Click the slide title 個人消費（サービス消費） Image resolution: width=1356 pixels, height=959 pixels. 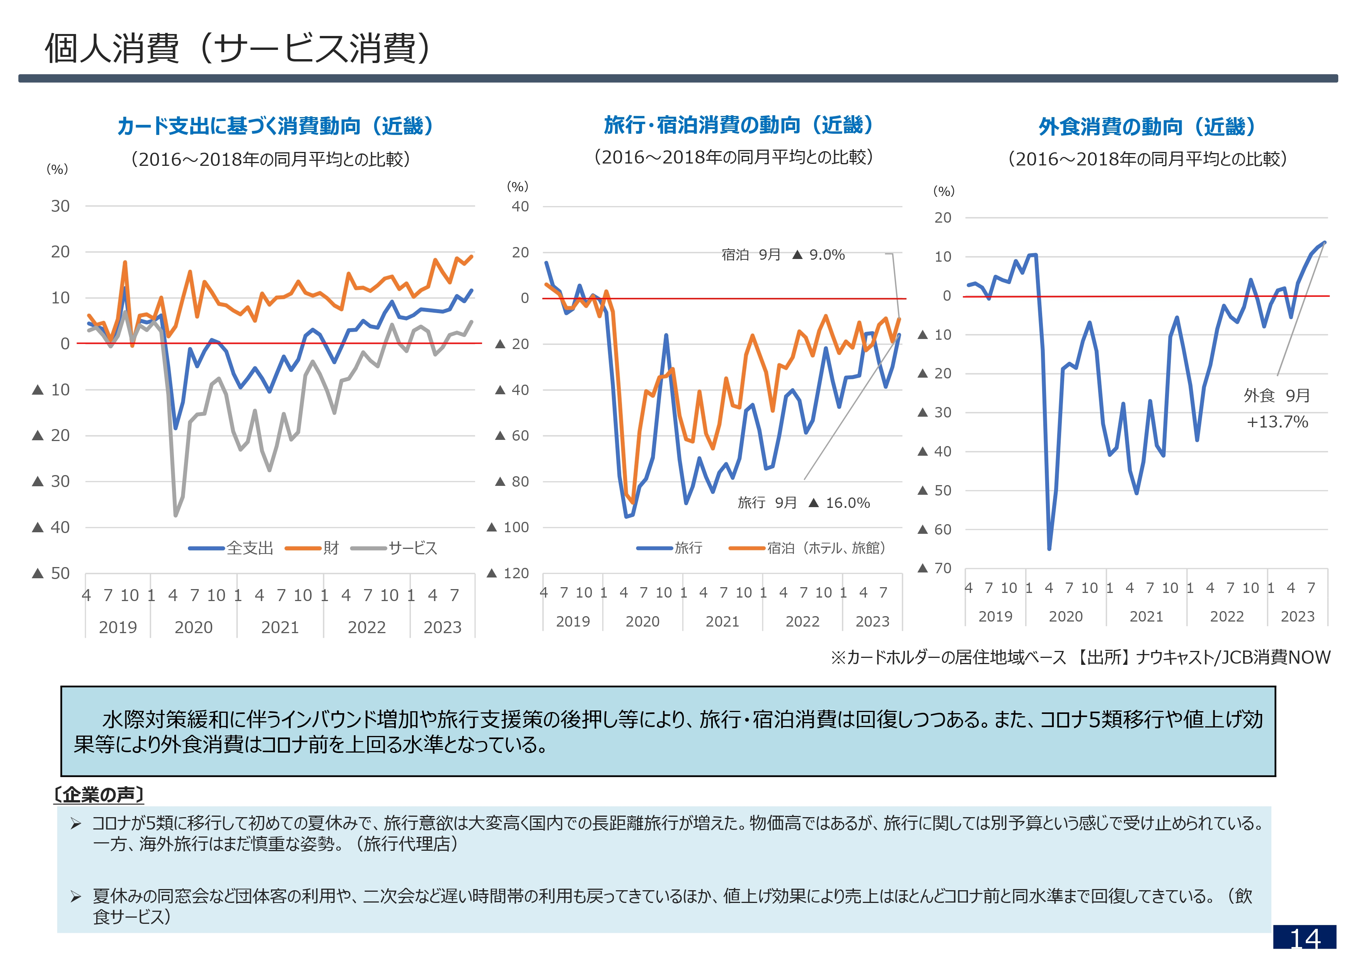[x=239, y=48]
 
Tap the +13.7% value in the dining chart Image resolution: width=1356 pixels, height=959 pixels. [x=1277, y=422]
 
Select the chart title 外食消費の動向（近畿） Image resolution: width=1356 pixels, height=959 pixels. [x=1146, y=126]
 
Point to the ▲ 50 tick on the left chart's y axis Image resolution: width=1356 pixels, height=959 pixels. [x=51, y=573]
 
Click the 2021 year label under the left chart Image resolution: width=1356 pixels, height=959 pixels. [x=280, y=627]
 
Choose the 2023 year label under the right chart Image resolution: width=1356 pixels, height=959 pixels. [x=1298, y=617]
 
